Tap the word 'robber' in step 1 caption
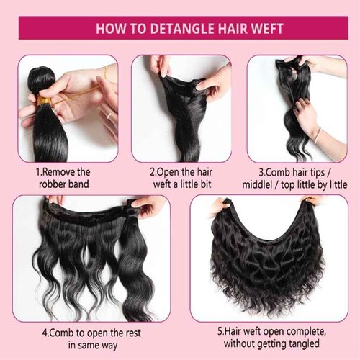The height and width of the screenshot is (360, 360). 53,184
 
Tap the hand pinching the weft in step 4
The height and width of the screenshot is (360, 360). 148,207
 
